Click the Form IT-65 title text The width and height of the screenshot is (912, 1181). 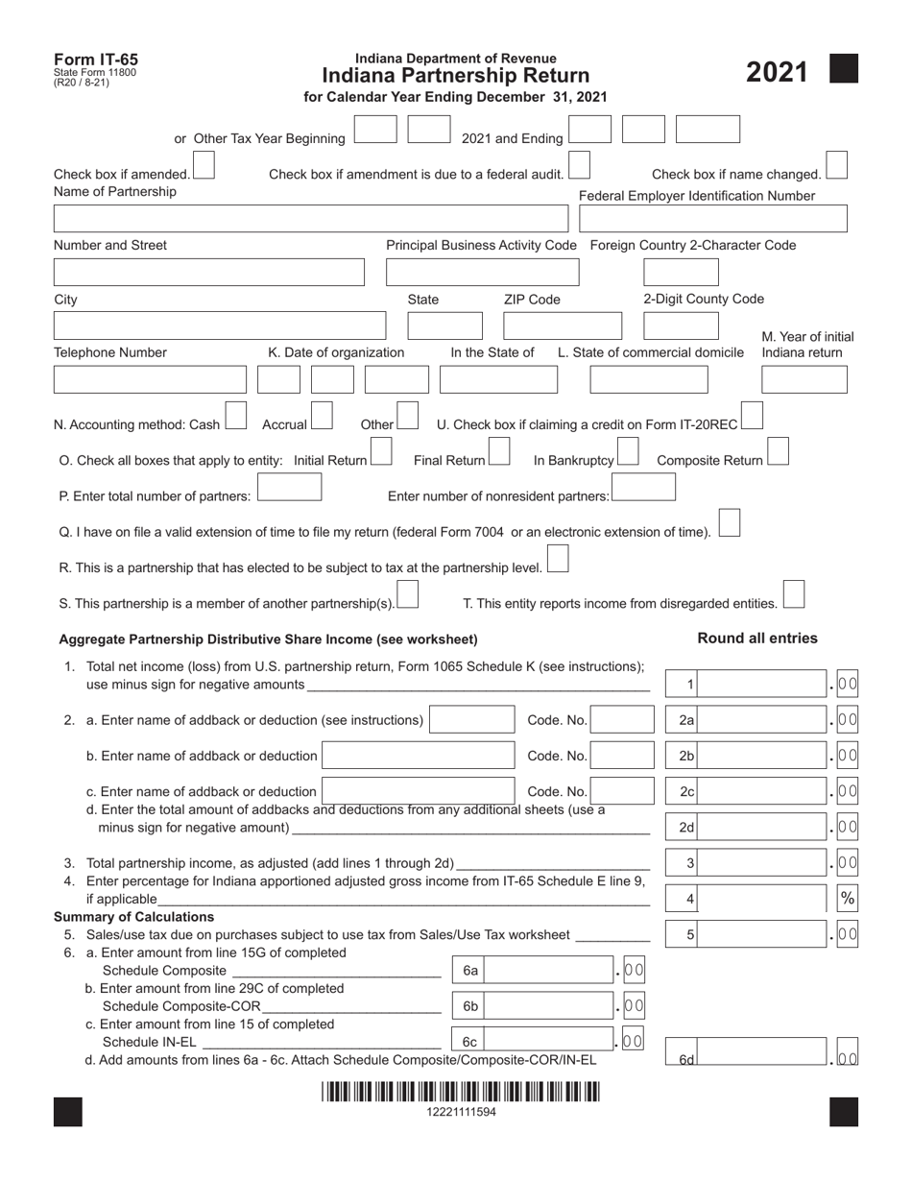(96, 60)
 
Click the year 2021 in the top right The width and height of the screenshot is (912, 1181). (777, 72)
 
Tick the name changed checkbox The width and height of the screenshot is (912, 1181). (836, 165)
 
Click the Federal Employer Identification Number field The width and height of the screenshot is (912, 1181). (713, 219)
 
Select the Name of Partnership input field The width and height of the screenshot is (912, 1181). (313, 219)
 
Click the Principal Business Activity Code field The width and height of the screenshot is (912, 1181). (482, 272)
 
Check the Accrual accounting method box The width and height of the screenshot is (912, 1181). (322, 417)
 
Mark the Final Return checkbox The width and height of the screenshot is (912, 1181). (498, 452)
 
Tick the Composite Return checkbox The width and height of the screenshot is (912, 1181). (778, 452)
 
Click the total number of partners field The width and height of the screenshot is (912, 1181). (289, 489)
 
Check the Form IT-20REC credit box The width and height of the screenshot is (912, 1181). (753, 417)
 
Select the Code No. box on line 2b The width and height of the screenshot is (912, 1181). (620, 757)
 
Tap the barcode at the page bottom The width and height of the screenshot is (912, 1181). (461, 1093)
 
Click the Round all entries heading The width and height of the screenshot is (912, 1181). (757, 639)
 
